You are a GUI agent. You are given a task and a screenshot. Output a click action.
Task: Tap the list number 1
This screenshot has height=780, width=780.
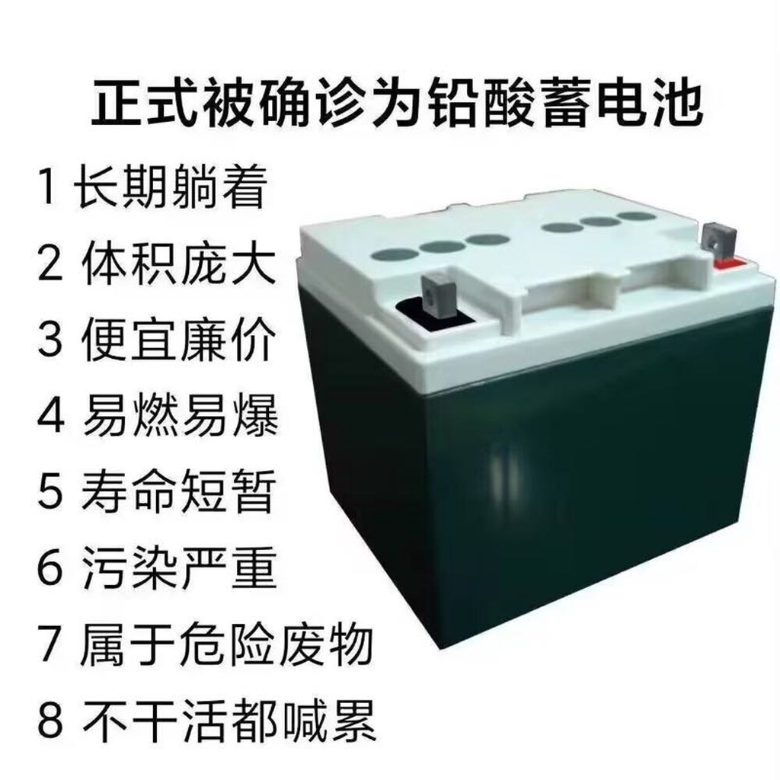point(48,187)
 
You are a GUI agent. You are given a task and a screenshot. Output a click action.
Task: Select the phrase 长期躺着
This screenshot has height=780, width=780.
point(171,187)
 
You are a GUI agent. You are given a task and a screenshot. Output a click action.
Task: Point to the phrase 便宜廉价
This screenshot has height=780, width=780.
point(178,340)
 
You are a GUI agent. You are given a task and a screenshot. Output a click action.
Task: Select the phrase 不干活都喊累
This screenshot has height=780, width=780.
point(229,721)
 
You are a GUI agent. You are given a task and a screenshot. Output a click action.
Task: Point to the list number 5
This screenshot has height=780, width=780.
point(50,493)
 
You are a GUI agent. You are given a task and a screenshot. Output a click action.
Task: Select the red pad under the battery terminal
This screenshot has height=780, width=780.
point(731,263)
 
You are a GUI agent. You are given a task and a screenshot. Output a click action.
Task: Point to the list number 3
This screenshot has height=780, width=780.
point(50,341)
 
